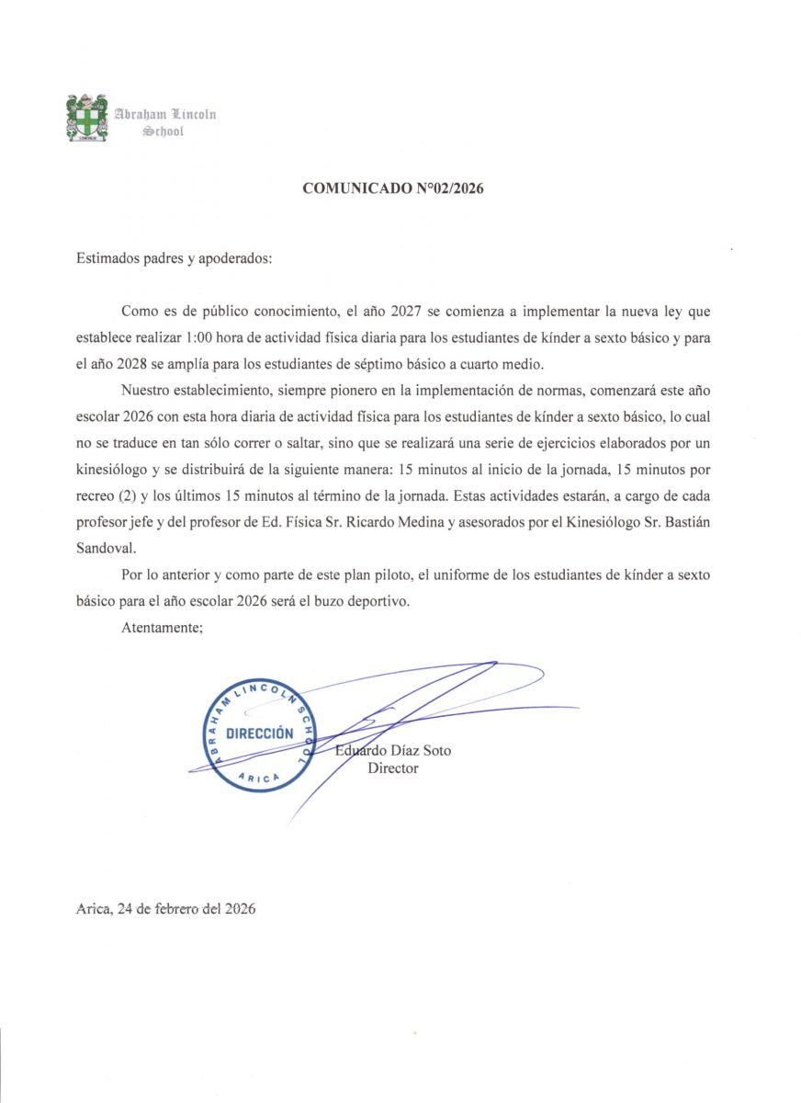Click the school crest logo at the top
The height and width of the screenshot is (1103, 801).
(x=86, y=118)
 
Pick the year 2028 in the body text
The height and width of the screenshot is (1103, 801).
(x=119, y=361)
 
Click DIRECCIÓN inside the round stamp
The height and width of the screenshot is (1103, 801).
(x=259, y=733)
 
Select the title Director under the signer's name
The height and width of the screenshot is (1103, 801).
(x=392, y=768)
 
